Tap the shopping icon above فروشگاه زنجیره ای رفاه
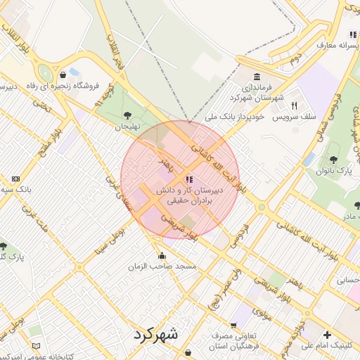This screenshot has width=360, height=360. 63,74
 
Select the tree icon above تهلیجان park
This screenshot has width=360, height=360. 127,115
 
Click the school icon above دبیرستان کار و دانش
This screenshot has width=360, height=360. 189,180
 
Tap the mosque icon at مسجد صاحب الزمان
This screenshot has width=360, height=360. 162,256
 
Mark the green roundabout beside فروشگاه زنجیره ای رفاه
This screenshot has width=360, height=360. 45,73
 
